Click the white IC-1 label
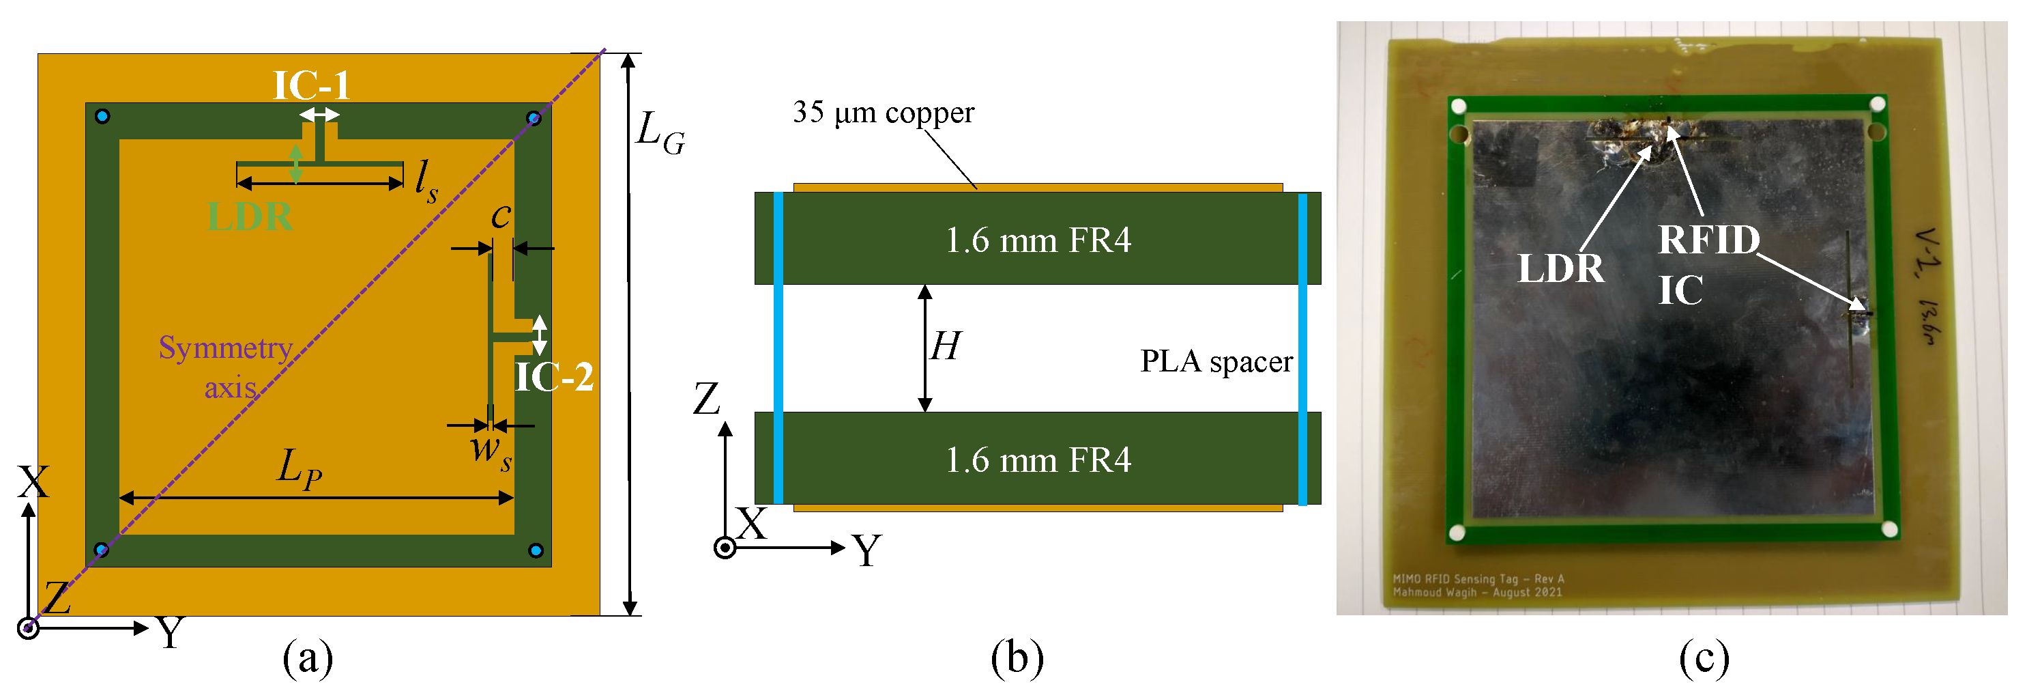[311, 85]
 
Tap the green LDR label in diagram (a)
[250, 216]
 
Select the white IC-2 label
[554, 377]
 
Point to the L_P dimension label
[300, 468]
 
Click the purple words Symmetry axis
[227, 367]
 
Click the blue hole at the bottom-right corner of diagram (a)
[536, 550]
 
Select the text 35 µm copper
[883, 113]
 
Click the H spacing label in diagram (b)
[945, 346]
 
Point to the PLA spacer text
[1216, 361]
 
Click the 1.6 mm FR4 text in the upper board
[1037, 240]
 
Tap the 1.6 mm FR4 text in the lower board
[1037, 460]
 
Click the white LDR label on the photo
[1560, 268]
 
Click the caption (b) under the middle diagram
[1017, 658]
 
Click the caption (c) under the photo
[1704, 658]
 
